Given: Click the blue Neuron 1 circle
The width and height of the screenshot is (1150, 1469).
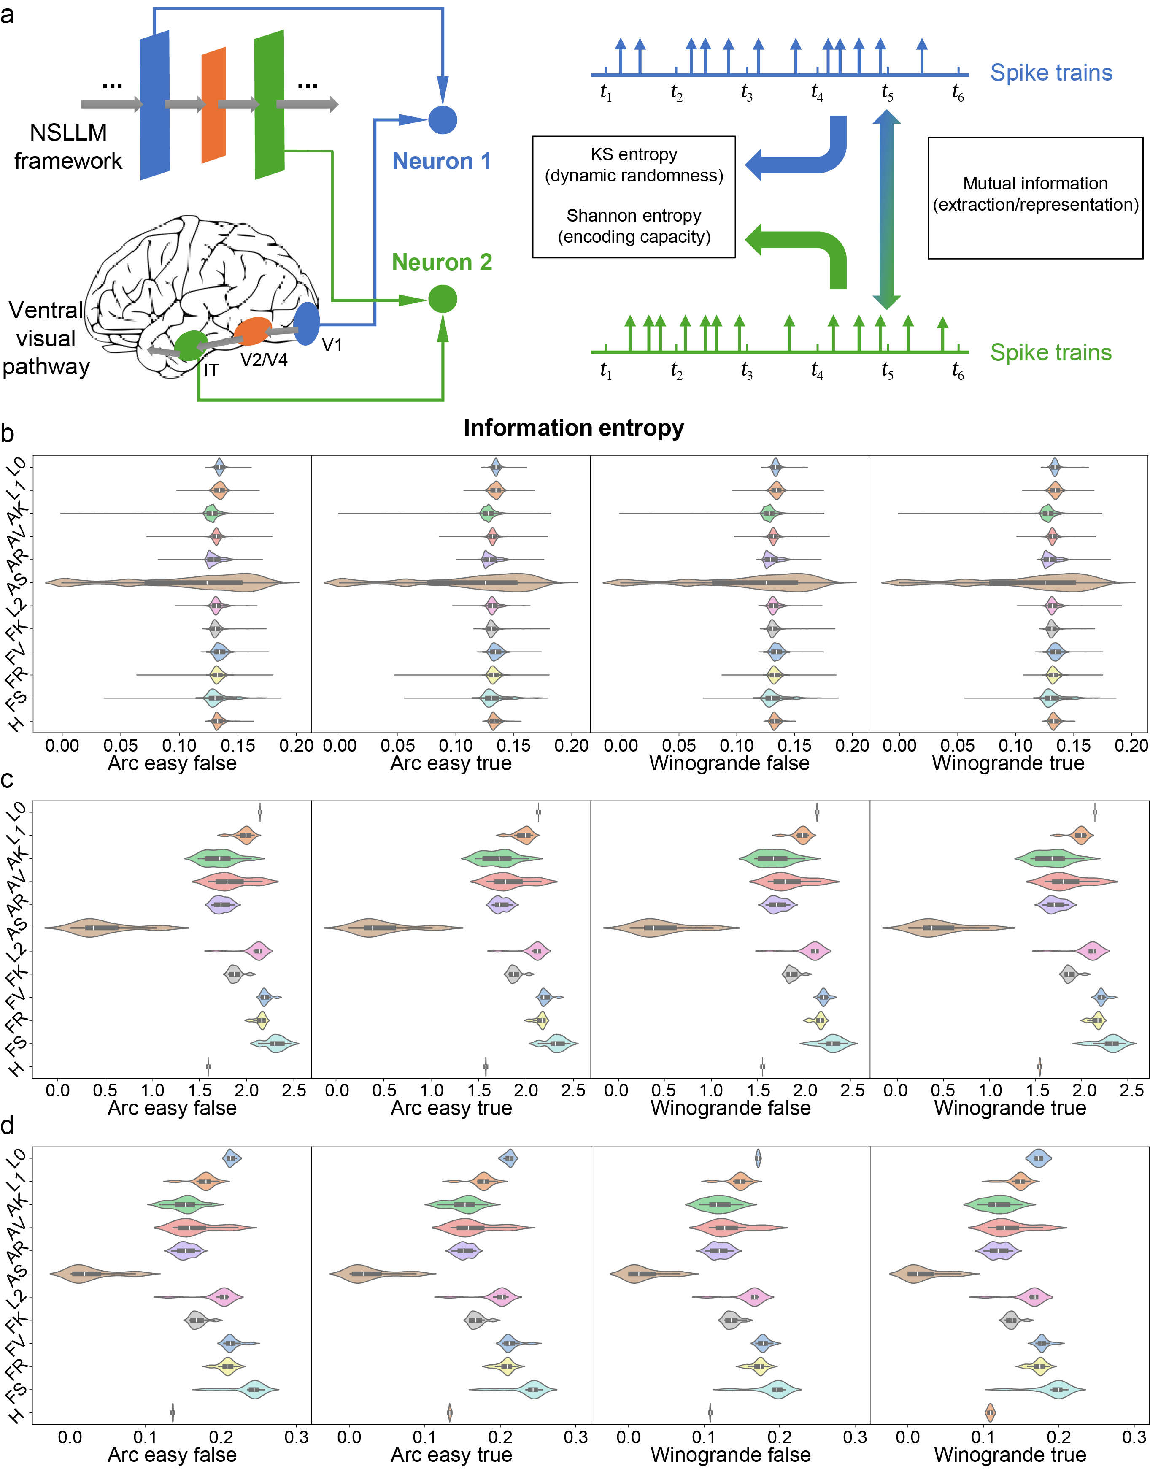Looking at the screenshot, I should [443, 120].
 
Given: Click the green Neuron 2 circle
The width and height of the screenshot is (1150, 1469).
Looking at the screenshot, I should [443, 299].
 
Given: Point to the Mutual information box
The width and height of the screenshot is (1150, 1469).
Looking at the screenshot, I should [1035, 198].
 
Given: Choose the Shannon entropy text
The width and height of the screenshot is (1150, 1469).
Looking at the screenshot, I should [634, 216].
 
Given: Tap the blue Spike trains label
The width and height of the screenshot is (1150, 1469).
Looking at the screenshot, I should [1051, 73].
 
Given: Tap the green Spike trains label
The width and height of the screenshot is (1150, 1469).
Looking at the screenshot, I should [1050, 352].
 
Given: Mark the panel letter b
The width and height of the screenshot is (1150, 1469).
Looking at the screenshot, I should [8, 433].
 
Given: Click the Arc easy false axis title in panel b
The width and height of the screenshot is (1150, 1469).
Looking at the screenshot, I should [173, 763].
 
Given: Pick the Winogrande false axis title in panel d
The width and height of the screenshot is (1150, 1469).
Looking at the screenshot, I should [731, 1455].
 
